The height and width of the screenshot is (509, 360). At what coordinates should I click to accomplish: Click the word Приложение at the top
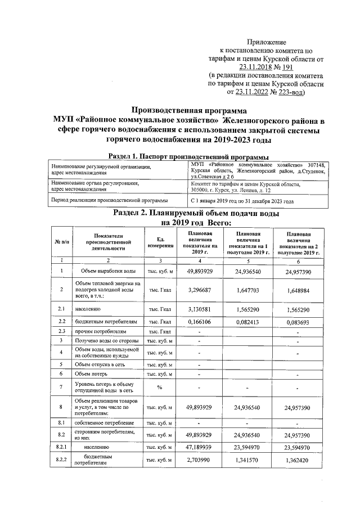point(267,42)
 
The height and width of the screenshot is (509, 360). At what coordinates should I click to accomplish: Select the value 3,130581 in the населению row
point(199,309)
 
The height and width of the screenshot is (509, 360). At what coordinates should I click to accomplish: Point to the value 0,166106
point(199,321)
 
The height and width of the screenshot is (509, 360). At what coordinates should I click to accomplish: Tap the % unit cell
point(160,387)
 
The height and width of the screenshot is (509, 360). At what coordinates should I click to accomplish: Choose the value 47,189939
point(199,448)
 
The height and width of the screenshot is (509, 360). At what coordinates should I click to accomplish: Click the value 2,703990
point(199,460)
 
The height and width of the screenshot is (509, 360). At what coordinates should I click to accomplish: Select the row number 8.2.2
point(62,461)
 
